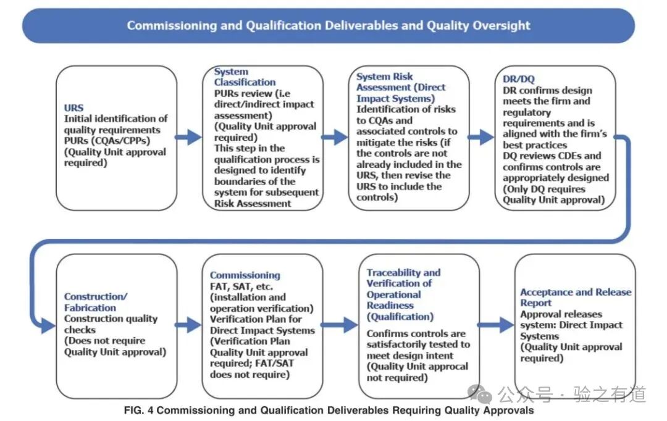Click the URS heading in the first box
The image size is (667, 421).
coord(74,108)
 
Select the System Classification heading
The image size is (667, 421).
coord(245,77)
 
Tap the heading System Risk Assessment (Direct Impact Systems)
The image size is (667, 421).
coord(400,87)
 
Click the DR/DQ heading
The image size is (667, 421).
coord(519,79)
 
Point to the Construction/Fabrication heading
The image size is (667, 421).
coord(96,302)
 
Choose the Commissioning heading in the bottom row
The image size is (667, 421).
coord(245,275)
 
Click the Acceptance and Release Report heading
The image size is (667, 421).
coord(576,298)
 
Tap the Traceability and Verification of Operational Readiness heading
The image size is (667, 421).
coord(403,294)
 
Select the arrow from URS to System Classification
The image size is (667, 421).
coord(188,137)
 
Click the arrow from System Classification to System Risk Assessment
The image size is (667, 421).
coord(335,137)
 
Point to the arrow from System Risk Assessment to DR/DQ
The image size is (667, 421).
coord(481,137)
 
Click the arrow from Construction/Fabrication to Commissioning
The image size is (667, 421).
coord(188,323)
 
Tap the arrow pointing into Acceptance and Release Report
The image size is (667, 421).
coord(496,323)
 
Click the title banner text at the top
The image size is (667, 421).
coord(329,26)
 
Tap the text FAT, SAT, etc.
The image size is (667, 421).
coord(241,286)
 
